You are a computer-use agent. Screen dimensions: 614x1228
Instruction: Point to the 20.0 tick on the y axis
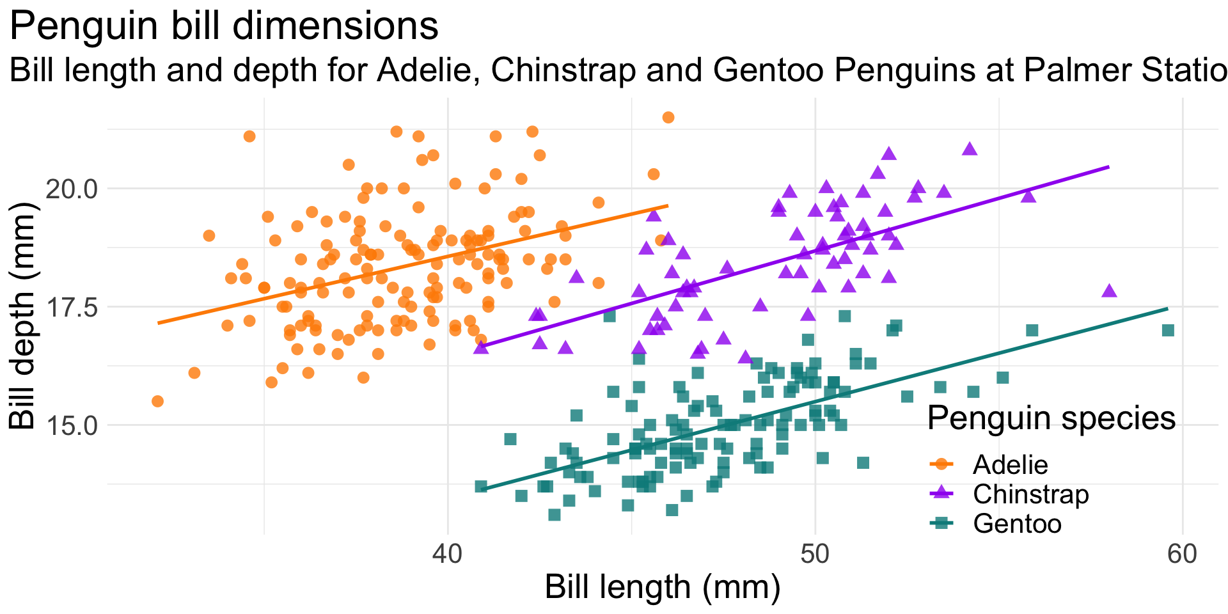click(x=70, y=189)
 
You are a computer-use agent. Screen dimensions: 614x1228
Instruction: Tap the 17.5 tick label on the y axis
click(x=70, y=307)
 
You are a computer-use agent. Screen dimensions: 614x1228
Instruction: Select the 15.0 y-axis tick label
click(x=70, y=425)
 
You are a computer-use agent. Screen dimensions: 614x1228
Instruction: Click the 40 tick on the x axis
click(x=448, y=554)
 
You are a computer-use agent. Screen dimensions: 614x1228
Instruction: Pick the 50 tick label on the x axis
click(x=815, y=554)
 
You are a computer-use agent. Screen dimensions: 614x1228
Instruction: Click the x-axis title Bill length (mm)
click(x=663, y=587)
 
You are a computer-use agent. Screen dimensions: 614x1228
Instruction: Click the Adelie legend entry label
click(x=1011, y=465)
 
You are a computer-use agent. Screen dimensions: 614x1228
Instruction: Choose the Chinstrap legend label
click(x=1030, y=494)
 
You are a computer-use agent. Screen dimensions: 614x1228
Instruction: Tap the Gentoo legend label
click(x=1017, y=524)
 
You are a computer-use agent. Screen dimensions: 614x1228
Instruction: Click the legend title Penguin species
click(x=1051, y=419)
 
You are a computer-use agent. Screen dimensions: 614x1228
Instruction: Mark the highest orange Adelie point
click(x=668, y=117)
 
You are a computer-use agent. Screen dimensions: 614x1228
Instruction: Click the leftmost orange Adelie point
click(x=157, y=401)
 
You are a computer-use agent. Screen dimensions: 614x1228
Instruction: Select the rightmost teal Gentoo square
click(x=1168, y=330)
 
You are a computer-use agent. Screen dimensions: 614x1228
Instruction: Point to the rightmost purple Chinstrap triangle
click(x=1109, y=291)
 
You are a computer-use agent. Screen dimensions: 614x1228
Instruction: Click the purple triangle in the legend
click(x=941, y=494)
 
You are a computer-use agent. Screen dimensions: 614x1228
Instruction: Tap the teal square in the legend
click(x=941, y=524)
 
